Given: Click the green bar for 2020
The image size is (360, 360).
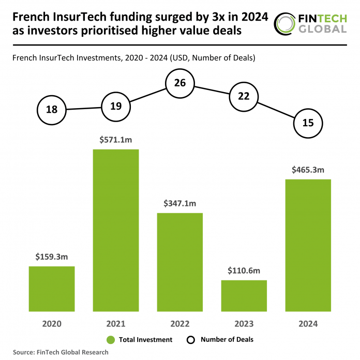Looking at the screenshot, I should [x=52, y=289].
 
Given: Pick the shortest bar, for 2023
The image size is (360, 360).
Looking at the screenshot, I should [x=244, y=296].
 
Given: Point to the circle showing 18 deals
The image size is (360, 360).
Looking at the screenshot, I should [x=52, y=109].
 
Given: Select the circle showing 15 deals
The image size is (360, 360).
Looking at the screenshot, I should [x=308, y=123].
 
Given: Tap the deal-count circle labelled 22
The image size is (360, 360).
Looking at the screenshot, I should [x=244, y=96].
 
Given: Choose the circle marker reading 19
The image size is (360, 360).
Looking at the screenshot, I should [x=116, y=106].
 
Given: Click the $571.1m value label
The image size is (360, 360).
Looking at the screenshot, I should [x=116, y=140].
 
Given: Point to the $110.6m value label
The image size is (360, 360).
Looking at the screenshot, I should [x=244, y=271].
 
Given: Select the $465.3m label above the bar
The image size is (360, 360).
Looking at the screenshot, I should [x=308, y=170].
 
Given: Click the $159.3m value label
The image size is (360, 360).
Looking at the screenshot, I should [x=52, y=257].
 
